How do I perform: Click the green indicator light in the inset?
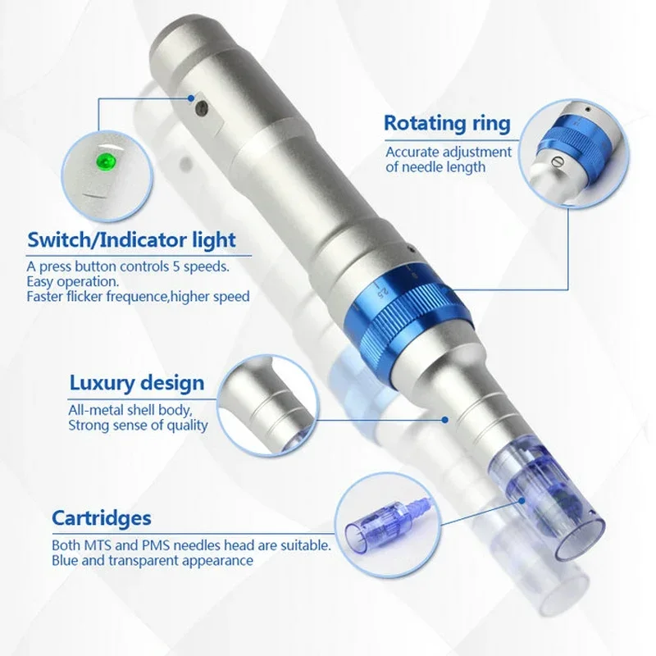click(107, 162)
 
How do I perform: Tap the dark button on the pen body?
click(203, 108)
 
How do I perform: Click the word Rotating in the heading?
click(422, 124)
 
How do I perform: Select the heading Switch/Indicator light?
click(131, 239)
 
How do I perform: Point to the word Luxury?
click(102, 383)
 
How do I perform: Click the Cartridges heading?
click(102, 518)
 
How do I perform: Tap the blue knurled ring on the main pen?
click(408, 318)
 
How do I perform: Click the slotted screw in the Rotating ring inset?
click(558, 160)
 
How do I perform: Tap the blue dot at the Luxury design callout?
click(445, 420)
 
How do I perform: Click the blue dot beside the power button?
click(191, 98)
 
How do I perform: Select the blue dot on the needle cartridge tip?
click(522, 500)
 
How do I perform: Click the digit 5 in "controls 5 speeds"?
click(176, 266)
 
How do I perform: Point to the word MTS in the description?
click(99, 545)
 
